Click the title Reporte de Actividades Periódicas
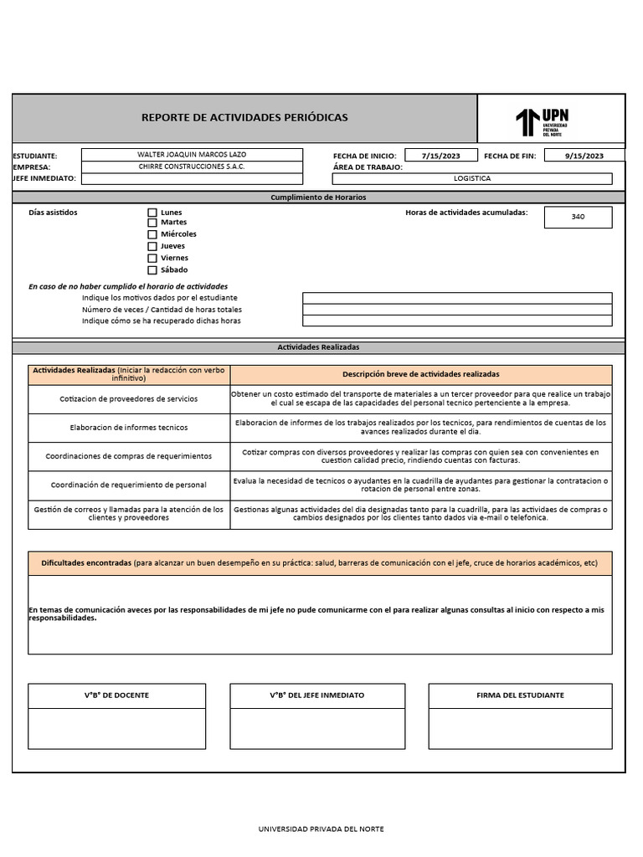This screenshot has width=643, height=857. [x=244, y=118]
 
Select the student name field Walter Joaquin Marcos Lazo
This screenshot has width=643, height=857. [x=192, y=155]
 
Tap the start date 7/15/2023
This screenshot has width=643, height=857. [x=441, y=156]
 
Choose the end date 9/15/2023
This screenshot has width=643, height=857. [x=584, y=156]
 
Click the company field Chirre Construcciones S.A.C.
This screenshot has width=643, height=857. [x=192, y=167]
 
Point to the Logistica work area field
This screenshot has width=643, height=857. [x=472, y=178]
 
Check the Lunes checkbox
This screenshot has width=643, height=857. [x=152, y=213]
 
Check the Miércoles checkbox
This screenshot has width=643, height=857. [x=152, y=234]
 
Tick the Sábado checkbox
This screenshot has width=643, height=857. [x=152, y=270]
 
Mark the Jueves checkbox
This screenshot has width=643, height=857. [x=152, y=247]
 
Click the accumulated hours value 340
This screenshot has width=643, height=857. [x=578, y=217]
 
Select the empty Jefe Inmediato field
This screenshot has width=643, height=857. [x=192, y=178]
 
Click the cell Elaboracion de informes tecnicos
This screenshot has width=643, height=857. [x=129, y=428]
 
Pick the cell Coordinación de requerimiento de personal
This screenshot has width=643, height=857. [x=129, y=485]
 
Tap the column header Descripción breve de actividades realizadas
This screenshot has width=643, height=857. [x=420, y=374]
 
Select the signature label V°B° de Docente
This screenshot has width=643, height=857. [x=116, y=695]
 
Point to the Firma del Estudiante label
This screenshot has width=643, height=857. [x=520, y=695]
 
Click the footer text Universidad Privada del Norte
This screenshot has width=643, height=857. [x=321, y=829]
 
